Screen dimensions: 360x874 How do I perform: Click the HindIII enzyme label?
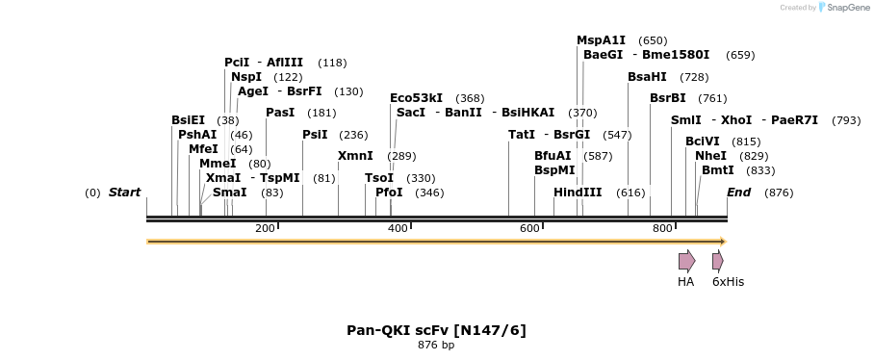pos(578,193)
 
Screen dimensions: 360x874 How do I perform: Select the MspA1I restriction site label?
pos(601,40)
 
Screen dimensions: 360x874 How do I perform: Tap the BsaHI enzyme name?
pos(647,77)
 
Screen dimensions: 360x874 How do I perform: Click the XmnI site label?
pos(355,156)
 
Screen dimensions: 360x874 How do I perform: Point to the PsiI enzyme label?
pos(315,135)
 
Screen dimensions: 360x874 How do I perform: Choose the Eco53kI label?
pos(416,98)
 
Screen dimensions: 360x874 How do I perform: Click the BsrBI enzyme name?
pos(667,98)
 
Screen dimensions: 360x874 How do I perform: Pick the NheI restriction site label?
pos(710,156)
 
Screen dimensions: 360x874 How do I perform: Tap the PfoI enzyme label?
pos(389,193)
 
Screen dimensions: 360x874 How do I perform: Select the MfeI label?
pos(203,149)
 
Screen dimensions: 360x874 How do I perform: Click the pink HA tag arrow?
pos(686,261)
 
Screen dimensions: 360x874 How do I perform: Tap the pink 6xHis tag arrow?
pos(717,261)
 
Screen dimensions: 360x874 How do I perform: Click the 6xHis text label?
pos(728,282)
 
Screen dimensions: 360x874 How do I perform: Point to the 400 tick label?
pos(397,228)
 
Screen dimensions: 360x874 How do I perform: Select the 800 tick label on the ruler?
pos(661,228)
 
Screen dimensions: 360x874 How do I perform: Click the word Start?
pos(124,193)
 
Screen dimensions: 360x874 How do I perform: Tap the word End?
pos(738,193)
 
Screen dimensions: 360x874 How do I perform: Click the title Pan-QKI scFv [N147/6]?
pos(436,330)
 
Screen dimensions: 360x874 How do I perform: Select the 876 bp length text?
pos(436,345)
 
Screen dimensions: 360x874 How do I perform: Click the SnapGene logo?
pos(842,8)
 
